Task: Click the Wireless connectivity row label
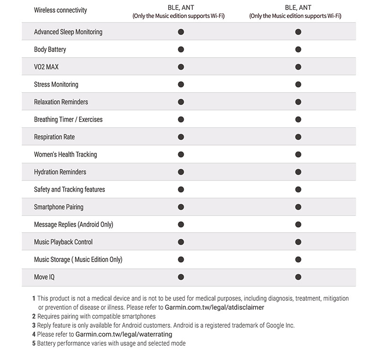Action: pyautogui.click(x=60, y=10)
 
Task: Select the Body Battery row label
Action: pyautogui.click(x=50, y=49)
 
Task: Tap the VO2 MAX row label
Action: pyautogui.click(x=46, y=67)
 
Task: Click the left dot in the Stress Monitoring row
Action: pyautogui.click(x=181, y=84)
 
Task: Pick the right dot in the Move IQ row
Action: pyautogui.click(x=298, y=277)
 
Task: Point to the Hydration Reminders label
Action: pyautogui.click(x=60, y=172)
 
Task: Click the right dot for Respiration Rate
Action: pyautogui.click(x=298, y=137)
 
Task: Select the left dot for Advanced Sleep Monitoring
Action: pyautogui.click(x=181, y=32)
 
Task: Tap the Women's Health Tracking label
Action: pyautogui.click(x=65, y=154)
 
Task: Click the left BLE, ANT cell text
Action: pyautogui.click(x=181, y=8)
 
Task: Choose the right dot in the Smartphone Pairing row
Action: pyautogui.click(x=298, y=207)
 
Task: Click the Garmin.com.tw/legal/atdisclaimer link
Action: pyautogui.click(x=215, y=307)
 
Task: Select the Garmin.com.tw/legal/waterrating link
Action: pyautogui.click(x=124, y=334)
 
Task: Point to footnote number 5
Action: pyautogui.click(x=34, y=343)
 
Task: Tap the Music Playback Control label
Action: pyautogui.click(x=63, y=242)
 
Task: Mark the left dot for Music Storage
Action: pyautogui.click(x=181, y=259)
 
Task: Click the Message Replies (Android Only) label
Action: pyautogui.click(x=74, y=224)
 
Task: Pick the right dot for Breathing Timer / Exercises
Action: pyautogui.click(x=298, y=119)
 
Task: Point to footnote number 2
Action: pyautogui.click(x=34, y=316)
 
